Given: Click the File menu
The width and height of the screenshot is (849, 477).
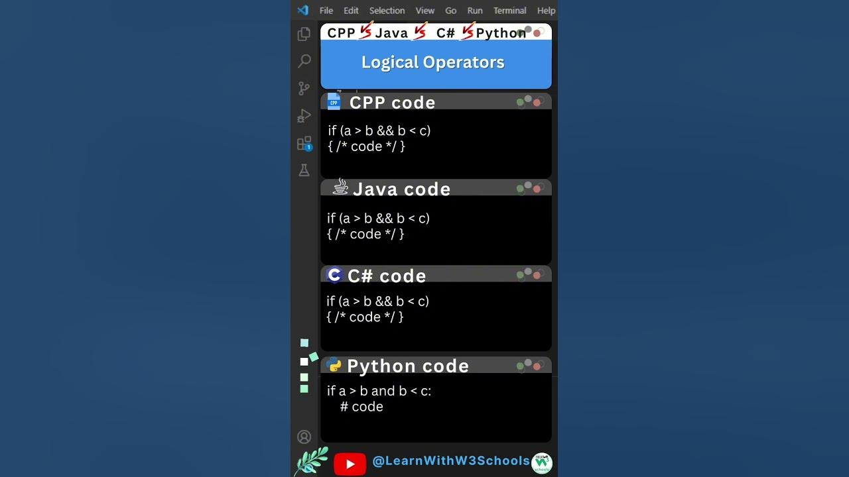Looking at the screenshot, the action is coord(326,11).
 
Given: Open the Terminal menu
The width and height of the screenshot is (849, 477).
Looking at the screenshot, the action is coord(509,11).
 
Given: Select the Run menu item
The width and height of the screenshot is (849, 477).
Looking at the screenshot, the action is coord(474,11).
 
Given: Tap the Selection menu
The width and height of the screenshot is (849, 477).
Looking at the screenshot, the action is coord(387,11).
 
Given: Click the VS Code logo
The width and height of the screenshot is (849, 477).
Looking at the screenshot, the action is coord(303,10).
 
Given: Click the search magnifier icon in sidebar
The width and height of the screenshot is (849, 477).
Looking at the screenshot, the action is coord(304,61).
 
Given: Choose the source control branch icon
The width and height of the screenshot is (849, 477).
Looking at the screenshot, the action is coord(304,89).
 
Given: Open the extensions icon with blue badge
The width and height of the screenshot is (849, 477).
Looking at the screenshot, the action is coord(304,144).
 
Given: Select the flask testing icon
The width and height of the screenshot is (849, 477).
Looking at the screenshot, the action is coord(304,170).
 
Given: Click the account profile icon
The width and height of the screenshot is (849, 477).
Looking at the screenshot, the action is coord(304,437).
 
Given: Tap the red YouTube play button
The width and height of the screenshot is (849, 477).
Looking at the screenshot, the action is coord(350,464).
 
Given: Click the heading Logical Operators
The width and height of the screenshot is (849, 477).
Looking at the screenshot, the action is coord(433,62).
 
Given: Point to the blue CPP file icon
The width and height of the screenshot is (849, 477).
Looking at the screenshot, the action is coord(334,101).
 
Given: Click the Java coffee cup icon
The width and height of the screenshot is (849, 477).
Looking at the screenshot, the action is coord(340,187).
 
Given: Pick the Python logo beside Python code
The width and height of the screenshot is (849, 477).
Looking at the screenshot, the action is coord(334,364).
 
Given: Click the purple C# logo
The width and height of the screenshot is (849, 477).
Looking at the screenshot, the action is coord(334,275).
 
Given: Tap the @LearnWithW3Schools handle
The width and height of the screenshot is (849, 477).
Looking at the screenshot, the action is coord(451,460).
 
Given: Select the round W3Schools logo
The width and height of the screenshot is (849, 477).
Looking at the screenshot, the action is coord(542,463).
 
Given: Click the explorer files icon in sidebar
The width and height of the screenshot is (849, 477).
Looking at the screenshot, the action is coord(304,34).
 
